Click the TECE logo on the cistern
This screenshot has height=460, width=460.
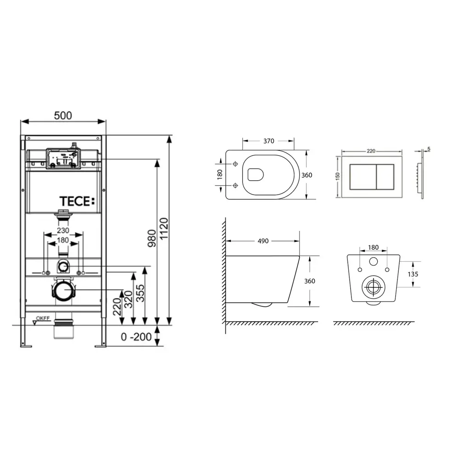pyautogui.click(x=77, y=201)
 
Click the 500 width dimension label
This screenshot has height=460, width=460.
pyautogui.click(x=63, y=115)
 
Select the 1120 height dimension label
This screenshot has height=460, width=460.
pyautogui.click(x=164, y=229)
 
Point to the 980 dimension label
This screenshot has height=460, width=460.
pyautogui.click(x=152, y=238)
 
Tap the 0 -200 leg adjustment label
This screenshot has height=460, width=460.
pyautogui.click(x=136, y=337)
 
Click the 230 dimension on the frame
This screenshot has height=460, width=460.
pyautogui.click(x=63, y=230)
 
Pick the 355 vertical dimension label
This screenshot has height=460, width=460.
pyautogui.click(x=140, y=293)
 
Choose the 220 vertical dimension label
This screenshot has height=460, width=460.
pyautogui.click(x=117, y=307)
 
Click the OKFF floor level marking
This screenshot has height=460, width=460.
pyautogui.click(x=43, y=318)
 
